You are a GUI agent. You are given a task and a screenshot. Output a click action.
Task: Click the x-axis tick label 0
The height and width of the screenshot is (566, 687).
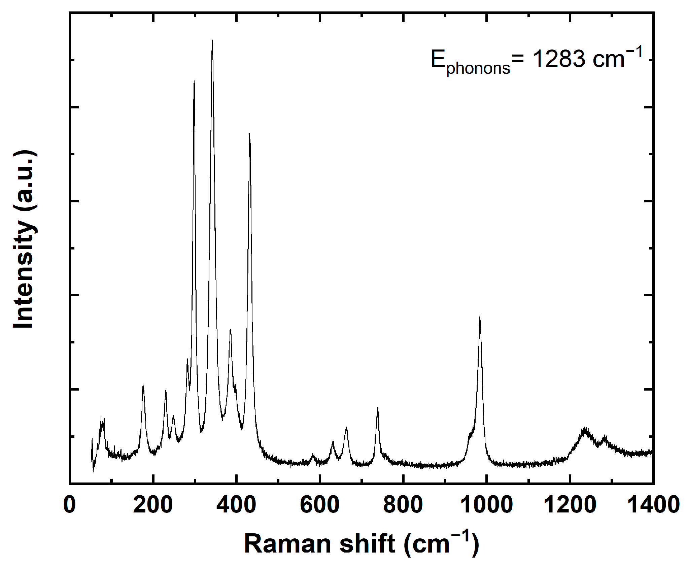70,505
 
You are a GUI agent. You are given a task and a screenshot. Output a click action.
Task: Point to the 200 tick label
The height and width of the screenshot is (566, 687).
153,505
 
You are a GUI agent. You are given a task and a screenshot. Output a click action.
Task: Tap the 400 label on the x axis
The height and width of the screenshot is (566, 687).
236,505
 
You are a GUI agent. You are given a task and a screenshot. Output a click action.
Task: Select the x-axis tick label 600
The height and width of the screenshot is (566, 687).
319,505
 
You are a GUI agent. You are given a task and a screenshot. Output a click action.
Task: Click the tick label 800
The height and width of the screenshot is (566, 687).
403,505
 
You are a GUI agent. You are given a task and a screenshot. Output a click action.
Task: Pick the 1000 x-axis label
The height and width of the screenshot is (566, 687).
486,505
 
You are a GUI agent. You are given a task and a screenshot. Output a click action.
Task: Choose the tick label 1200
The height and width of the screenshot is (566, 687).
570,505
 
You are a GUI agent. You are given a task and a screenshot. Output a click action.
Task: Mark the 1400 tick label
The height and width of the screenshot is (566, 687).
653,505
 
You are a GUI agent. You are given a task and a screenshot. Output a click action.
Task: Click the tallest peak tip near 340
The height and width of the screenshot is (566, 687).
212,40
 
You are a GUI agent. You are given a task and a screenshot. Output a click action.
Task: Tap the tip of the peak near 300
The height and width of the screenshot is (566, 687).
194,81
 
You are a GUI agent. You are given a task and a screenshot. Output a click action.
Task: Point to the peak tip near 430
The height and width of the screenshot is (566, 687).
249,134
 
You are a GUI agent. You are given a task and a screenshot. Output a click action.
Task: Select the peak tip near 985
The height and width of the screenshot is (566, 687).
480,316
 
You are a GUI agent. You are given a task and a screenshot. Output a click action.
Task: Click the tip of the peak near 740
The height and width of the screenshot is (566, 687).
378,408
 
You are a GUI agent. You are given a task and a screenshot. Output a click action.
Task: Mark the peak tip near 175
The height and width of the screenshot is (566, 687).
143,385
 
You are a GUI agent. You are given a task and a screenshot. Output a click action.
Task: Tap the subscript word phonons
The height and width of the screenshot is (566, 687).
478,68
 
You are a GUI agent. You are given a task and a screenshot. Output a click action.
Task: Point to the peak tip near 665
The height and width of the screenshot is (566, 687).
346,427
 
